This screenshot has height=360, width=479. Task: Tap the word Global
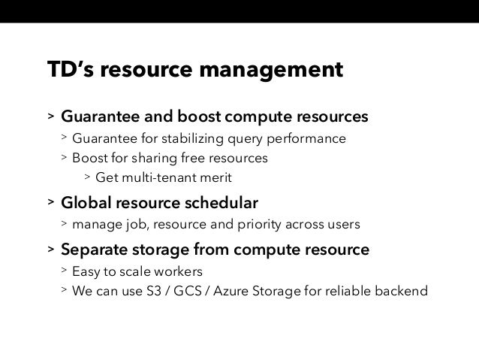[86, 204]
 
